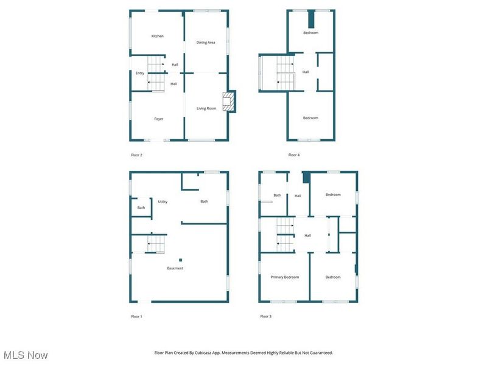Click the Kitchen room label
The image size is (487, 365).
tap(157, 36)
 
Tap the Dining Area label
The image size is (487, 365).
tap(206, 43)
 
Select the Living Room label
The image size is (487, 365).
tap(206, 108)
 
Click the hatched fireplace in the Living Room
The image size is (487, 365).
tap(228, 102)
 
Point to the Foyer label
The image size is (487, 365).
tap(158, 119)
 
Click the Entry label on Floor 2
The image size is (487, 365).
tap(140, 73)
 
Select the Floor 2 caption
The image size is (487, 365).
tap(136, 155)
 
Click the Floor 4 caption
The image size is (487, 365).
tap(294, 155)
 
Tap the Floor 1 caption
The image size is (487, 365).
tap(136, 316)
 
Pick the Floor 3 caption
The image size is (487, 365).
tap(265, 316)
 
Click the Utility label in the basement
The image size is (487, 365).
tap(163, 201)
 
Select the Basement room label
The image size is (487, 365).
tap(175, 268)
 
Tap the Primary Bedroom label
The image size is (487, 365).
tap(285, 277)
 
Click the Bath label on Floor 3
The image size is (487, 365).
tap(277, 195)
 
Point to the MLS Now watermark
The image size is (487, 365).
tap(26, 355)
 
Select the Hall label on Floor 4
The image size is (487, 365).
tap(306, 72)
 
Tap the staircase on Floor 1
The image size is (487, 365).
tap(155, 244)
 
